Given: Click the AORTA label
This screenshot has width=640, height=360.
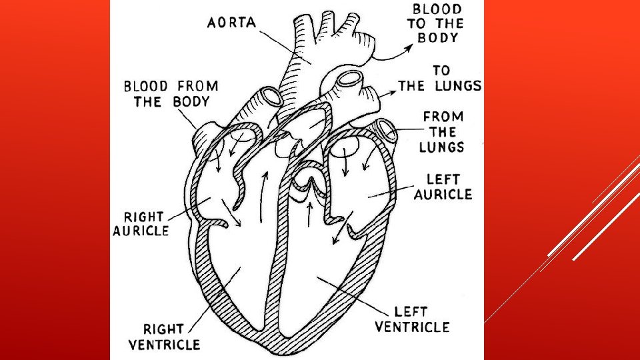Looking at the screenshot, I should click(x=231, y=22).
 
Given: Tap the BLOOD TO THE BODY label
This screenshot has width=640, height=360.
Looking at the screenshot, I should click(x=437, y=23).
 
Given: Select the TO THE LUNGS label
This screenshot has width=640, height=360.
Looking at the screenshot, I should click(x=440, y=78).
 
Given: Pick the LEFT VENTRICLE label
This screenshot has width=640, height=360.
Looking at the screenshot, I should click(x=412, y=319).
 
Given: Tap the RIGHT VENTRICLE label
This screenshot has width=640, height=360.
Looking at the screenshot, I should click(x=164, y=337).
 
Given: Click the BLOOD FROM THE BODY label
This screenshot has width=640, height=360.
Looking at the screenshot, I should click(x=170, y=94).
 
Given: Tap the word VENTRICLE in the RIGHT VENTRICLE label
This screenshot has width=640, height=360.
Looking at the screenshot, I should click(x=164, y=345).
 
